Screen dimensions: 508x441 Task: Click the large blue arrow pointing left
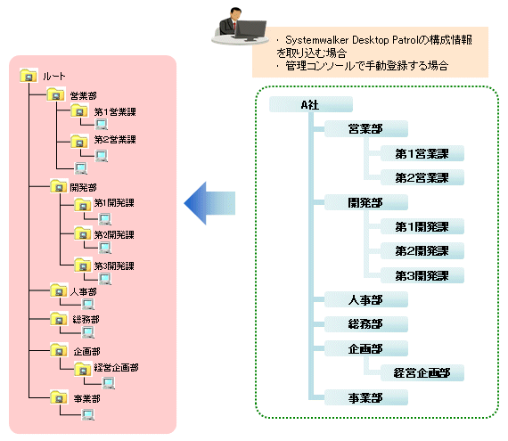[x=209, y=203]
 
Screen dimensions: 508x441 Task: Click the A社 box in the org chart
[x=311, y=104]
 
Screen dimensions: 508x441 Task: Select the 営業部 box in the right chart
[x=366, y=129]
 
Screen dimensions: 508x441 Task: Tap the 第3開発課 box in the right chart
[x=422, y=275]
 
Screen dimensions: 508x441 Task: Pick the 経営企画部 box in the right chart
[x=422, y=373]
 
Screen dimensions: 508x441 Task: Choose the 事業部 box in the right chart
[x=366, y=397]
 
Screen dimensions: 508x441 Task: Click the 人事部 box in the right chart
[x=366, y=299]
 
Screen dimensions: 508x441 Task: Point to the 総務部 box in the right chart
[x=366, y=324]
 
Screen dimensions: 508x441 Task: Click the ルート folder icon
[x=29, y=75]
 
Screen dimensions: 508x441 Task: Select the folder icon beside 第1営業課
[x=79, y=110]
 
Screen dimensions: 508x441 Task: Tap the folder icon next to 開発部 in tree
[x=59, y=186]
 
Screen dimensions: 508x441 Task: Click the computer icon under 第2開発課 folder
[x=105, y=248]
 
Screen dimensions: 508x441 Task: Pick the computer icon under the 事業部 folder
[x=88, y=414]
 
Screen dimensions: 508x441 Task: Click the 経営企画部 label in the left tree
[x=117, y=367]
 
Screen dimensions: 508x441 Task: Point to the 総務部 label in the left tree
[x=86, y=320]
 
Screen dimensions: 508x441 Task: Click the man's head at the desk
[x=235, y=14]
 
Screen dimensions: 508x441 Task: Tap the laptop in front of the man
[x=250, y=30]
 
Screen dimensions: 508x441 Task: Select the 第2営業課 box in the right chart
[x=422, y=177]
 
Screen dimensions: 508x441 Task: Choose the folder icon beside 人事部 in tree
[x=59, y=290]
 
